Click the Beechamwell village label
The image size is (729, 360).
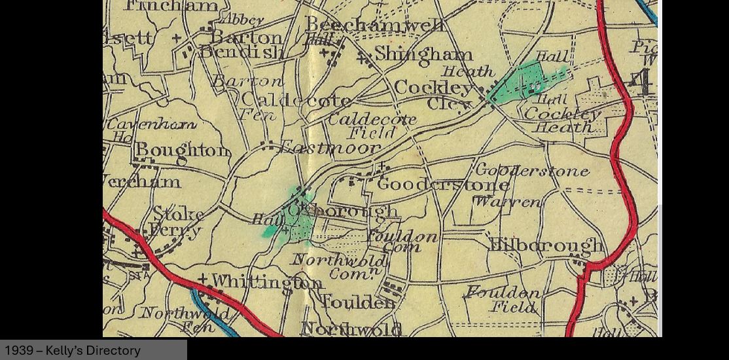374,26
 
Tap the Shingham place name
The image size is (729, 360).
423,54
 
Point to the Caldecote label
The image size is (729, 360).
296,100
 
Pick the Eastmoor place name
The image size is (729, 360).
329,147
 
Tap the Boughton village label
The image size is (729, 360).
183,151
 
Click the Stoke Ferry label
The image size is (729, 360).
176,222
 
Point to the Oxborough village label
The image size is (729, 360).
342,211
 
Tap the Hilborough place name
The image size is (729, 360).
546,245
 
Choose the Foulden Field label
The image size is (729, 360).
503,299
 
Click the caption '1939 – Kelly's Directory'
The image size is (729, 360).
73,351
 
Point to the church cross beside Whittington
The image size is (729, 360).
203,279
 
